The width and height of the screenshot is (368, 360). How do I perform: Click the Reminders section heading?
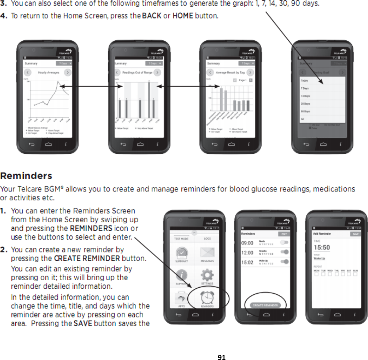point(26,175)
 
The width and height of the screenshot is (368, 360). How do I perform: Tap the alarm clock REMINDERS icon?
point(207,297)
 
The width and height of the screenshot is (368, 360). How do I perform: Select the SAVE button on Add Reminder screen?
point(355,234)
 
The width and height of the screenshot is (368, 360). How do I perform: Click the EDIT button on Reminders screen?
point(284,234)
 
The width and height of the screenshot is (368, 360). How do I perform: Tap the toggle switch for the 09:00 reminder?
point(285,242)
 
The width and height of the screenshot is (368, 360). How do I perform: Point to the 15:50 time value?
point(321,247)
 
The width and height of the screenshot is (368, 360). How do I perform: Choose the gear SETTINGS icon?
point(207,276)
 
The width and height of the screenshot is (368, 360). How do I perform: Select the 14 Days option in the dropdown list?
point(305,96)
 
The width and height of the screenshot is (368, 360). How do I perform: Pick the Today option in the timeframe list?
point(304,81)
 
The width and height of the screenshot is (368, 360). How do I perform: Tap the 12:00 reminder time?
point(247,253)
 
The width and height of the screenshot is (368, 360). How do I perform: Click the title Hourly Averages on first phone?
point(47,73)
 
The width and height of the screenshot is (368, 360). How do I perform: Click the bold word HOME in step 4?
point(183,16)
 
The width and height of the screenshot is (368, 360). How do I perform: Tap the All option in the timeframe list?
point(302,119)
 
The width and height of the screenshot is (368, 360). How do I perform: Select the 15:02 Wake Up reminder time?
point(247,262)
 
